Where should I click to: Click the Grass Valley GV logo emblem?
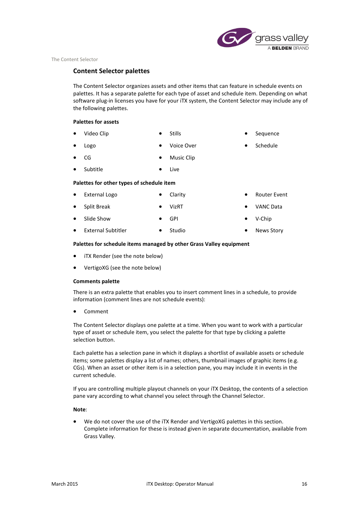click(235, 38)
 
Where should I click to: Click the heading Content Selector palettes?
click(111, 71)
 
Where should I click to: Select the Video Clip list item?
click(96, 133)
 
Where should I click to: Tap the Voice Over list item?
click(183, 146)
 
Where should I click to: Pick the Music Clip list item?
click(182, 158)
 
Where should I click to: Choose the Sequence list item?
click(267, 133)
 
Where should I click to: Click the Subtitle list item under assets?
click(93, 169)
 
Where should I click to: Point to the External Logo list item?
click(100, 195)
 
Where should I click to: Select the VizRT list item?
click(176, 207)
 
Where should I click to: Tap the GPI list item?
click(174, 219)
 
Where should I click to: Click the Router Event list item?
click(271, 195)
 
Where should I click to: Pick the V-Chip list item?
click(263, 219)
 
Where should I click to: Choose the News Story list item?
click(269, 230)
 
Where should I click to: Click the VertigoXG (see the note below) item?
click(122, 268)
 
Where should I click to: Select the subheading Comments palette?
click(96, 281)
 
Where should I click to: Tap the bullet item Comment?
click(96, 311)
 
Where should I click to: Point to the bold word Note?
click(80, 409)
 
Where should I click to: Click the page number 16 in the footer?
click(304, 484)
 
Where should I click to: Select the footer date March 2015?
click(65, 484)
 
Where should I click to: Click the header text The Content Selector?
click(74, 59)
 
